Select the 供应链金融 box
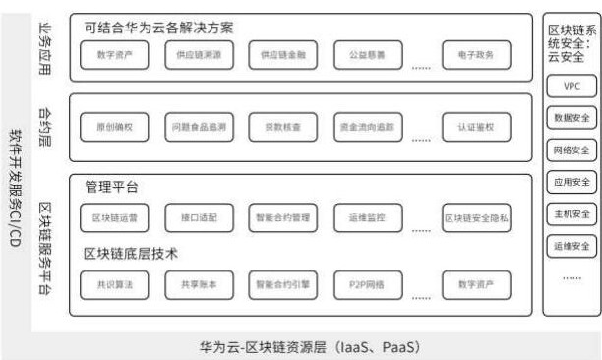click(x=281, y=55)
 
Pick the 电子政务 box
click(x=476, y=55)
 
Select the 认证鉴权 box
click(x=476, y=128)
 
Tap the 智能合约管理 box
click(x=281, y=217)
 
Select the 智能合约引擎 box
click(x=281, y=285)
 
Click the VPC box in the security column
click(x=572, y=87)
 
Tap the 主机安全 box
click(x=572, y=213)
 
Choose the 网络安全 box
click(x=572, y=150)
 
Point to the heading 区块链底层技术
click(x=131, y=253)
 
